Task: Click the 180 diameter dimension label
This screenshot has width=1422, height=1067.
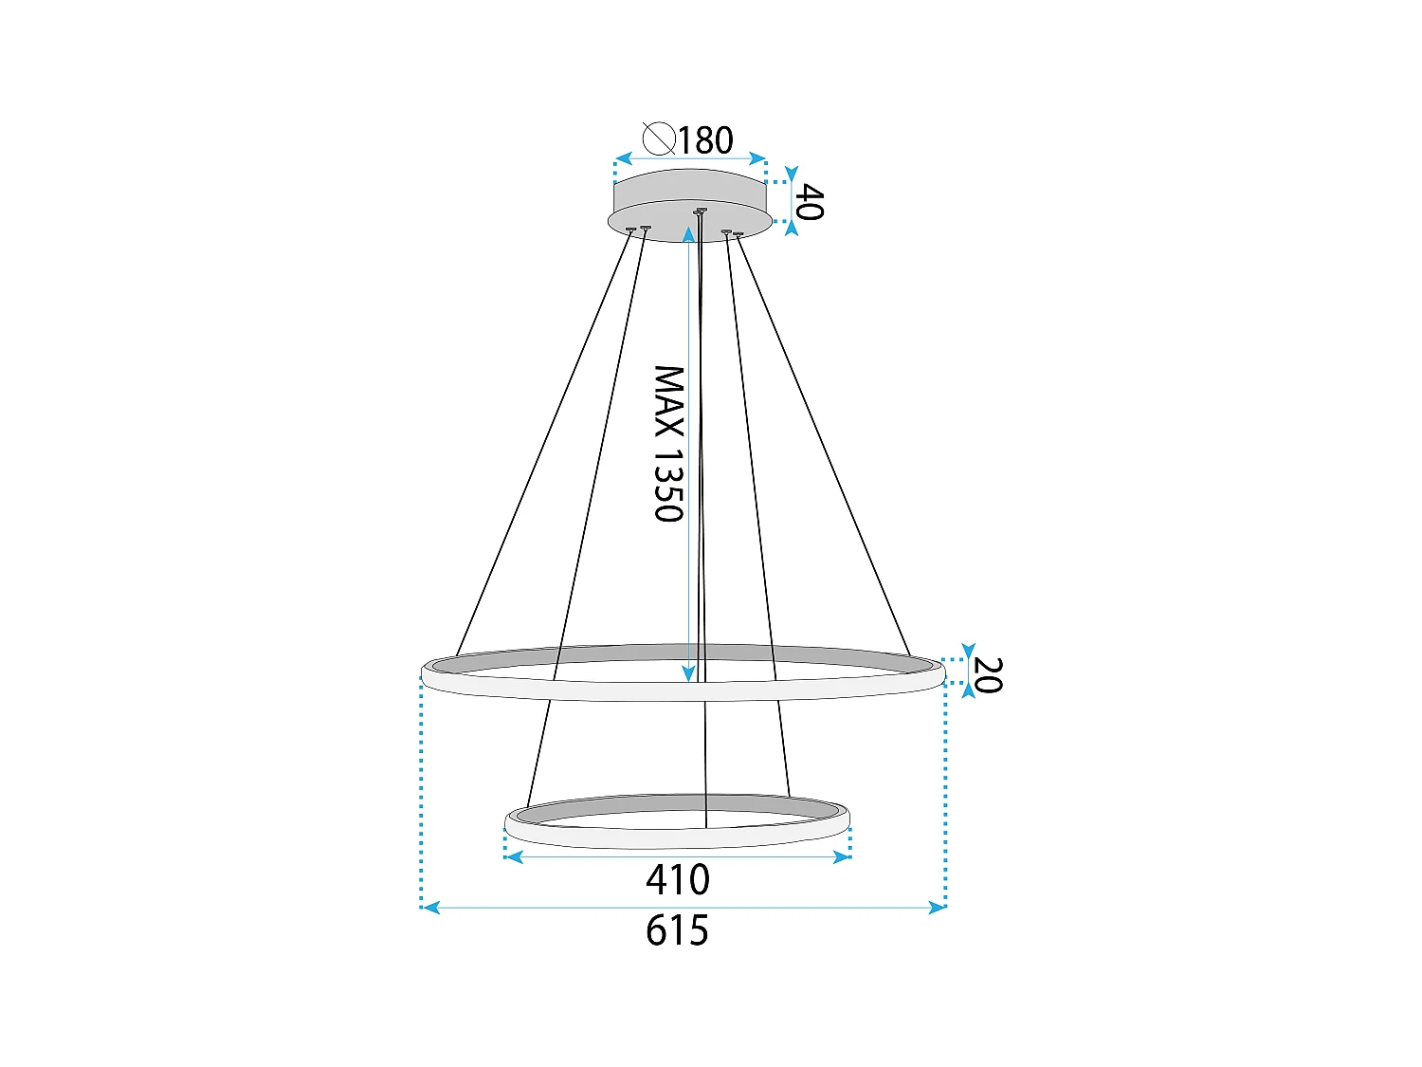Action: [705, 140]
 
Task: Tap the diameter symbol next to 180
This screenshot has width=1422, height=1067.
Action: [658, 138]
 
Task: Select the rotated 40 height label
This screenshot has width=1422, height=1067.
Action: [808, 202]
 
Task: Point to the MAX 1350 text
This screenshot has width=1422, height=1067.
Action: [668, 444]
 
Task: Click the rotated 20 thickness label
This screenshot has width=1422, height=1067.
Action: [987, 675]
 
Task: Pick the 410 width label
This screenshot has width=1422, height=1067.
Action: [678, 880]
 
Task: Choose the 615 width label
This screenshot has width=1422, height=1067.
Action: [678, 931]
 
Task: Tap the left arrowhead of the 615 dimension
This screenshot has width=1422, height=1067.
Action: [430, 908]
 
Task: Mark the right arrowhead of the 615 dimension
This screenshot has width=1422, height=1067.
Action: [937, 908]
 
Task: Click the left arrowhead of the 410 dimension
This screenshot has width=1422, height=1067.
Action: [514, 857]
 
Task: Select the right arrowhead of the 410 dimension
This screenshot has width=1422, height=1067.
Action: [841, 857]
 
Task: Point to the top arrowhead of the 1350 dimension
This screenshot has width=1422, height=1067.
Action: [689, 233]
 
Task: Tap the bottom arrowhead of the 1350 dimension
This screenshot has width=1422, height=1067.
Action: [689, 673]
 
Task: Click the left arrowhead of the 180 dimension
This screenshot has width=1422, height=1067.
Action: [623, 158]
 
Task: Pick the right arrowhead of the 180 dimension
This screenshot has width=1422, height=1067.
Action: [757, 158]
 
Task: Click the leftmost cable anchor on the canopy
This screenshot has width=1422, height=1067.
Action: [630, 229]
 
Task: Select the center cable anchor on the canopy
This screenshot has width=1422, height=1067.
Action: [700, 211]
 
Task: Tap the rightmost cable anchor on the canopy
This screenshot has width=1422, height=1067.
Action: [738, 233]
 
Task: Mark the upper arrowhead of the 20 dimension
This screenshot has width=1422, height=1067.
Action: [967, 653]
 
